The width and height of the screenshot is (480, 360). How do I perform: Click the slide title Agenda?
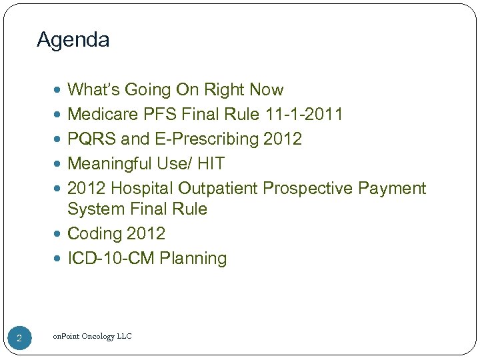click(x=73, y=40)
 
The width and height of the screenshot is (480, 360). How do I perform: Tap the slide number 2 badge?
click(x=19, y=339)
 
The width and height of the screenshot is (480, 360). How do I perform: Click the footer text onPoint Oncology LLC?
click(x=92, y=336)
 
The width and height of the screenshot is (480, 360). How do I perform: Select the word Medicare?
click(x=103, y=115)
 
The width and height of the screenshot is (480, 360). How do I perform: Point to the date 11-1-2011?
click(x=303, y=115)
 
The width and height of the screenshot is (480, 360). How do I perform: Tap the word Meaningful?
click(x=110, y=164)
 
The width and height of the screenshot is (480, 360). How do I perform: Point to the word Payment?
click(x=392, y=189)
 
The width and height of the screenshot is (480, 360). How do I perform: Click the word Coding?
click(x=93, y=234)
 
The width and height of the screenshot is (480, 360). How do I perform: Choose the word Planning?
click(x=193, y=259)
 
